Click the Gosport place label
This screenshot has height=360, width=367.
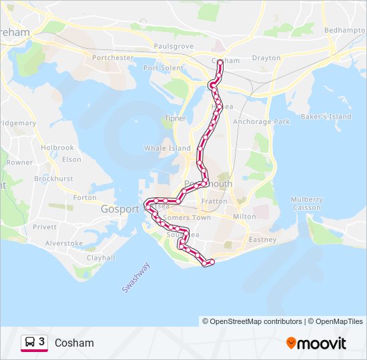pos(119,209)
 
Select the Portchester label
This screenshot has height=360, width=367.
pos(113,58)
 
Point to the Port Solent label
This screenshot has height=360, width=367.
pos(163,68)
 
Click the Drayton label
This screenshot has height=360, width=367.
pos(266,58)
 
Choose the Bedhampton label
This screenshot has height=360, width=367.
pos(345,31)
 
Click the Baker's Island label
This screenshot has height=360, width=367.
pos(326,117)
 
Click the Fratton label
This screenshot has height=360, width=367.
pos(215,201)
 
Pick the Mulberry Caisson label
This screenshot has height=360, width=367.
pos(307,203)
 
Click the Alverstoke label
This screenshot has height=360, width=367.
pos(64,243)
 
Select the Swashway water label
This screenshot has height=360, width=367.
pos(136,277)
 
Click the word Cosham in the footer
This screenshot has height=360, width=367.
pos(74,343)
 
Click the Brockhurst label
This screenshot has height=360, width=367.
pos(53,179)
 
